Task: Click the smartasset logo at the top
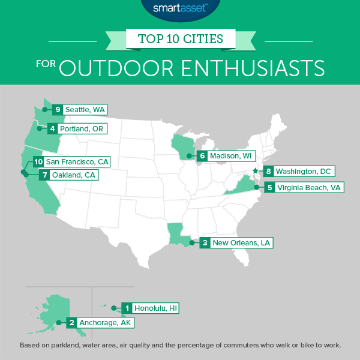coord(179,9)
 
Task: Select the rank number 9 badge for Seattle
coord(58,110)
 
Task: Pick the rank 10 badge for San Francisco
coord(39,162)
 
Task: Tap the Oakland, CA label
coord(71,176)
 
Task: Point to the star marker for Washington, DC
coord(255,171)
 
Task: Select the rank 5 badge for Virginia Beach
coord(271,187)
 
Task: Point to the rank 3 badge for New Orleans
coord(206,242)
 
